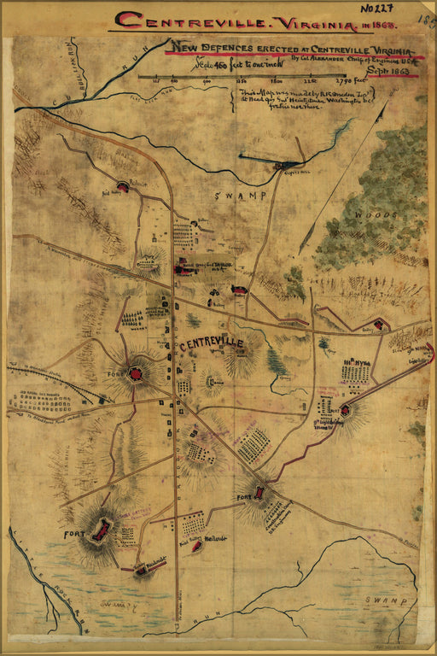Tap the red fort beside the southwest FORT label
[102, 531]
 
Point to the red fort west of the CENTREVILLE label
[136, 372]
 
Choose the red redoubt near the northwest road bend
[123, 186]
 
